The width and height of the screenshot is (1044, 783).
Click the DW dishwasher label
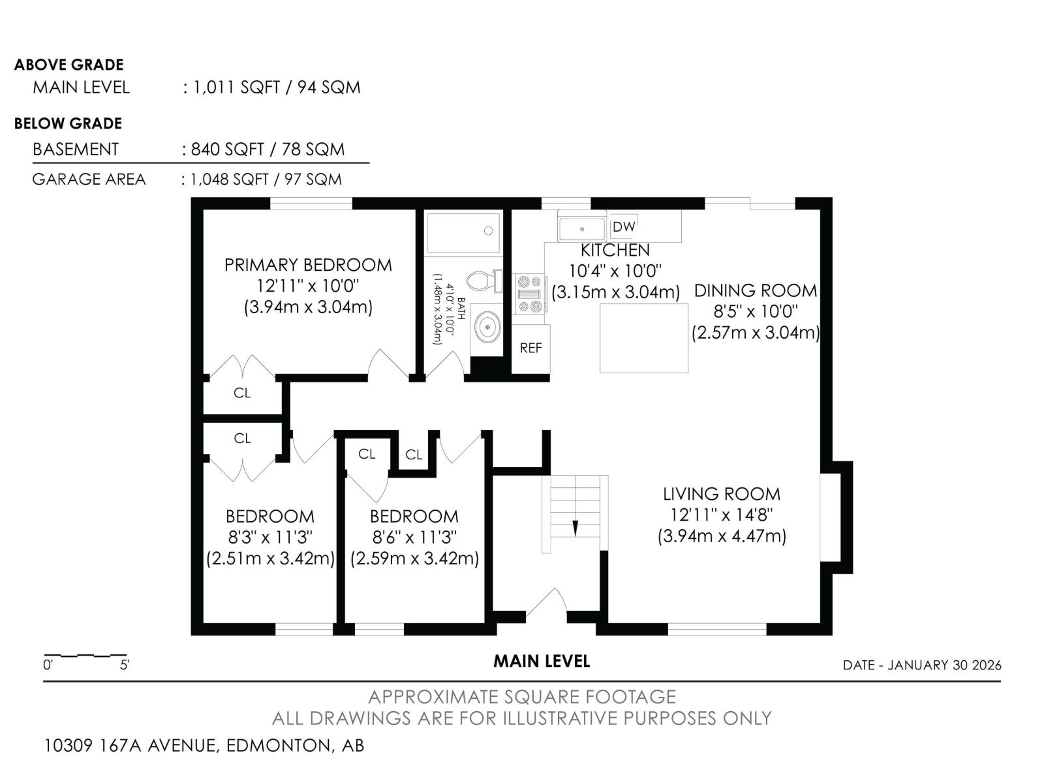click(623, 227)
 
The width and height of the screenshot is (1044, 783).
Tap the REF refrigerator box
click(530, 348)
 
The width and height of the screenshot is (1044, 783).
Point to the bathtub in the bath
click(463, 233)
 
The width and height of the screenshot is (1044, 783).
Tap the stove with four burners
click(530, 294)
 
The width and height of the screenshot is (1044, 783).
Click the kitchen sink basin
click(581, 229)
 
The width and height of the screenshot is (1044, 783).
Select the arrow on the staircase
click(575, 528)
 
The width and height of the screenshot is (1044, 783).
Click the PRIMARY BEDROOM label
click(308, 265)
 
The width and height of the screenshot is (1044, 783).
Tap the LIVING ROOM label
click(722, 494)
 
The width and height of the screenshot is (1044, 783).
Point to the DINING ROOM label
click(756, 290)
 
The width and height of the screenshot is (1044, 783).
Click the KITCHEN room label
click(615, 250)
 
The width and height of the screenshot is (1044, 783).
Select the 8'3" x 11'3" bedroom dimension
click(270, 537)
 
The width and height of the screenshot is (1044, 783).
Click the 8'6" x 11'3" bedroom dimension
click(414, 537)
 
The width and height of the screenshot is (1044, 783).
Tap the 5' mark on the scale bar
click(124, 665)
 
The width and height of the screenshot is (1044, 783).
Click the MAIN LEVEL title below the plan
click(542, 661)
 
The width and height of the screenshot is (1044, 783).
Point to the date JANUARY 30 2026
click(944, 665)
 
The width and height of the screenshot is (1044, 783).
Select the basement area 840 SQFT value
click(227, 149)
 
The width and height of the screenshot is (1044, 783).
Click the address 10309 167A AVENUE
click(132, 745)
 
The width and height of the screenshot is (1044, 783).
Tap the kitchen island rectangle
click(643, 338)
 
